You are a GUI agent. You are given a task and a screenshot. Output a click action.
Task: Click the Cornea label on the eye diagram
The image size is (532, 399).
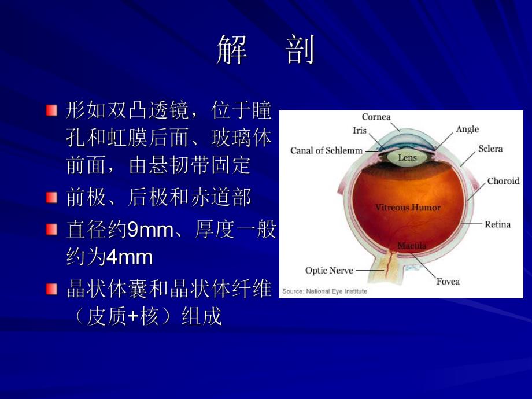pos(376,117)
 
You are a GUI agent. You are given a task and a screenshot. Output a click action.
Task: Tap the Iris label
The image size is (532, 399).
pos(360,130)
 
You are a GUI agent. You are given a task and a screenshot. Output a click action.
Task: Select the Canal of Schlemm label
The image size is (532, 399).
pos(326,151)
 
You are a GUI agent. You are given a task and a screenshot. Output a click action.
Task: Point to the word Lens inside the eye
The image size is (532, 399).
pos(407,157)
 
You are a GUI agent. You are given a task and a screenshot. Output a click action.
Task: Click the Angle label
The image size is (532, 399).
pos(467,129)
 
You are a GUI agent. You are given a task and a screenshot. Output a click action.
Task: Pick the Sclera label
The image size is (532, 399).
pos(490,149)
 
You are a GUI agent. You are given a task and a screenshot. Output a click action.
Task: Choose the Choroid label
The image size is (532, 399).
pos(503,181)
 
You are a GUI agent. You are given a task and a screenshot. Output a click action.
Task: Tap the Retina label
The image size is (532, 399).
pos(497,224)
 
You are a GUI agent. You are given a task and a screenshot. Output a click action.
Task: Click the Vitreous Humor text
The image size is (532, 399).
pos(408,207)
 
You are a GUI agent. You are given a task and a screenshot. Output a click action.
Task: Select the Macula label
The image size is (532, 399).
pos(412,246)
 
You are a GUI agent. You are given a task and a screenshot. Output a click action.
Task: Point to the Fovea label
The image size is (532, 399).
pos(448,282)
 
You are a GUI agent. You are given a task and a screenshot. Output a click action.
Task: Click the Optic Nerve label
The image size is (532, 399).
pos(329,270)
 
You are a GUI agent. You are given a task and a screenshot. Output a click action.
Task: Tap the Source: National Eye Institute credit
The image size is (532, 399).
pos(324,291)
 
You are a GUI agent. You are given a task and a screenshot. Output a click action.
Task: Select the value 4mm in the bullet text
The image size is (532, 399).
pos(130,258)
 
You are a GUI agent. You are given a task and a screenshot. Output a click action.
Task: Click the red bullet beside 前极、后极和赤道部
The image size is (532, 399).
pos(53,198)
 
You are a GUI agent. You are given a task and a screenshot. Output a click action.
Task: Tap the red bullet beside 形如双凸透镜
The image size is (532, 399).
pos(53,110)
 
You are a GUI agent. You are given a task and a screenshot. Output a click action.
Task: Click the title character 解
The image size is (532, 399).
pos(232,50)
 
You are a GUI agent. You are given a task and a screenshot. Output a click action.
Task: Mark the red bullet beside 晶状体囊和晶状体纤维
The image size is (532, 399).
pos(53,289)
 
